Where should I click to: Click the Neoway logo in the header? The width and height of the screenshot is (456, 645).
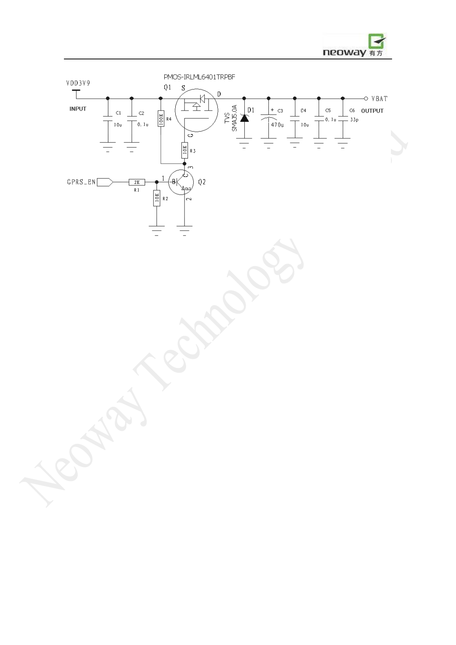point(354,45)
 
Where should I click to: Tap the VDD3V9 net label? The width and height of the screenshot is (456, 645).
point(78,83)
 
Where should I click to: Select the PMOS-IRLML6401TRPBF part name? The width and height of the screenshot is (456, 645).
point(199,77)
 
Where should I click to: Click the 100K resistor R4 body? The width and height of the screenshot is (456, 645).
point(161,119)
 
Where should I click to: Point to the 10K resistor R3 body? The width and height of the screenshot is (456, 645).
point(185,150)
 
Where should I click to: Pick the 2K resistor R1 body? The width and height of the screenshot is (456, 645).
point(137,182)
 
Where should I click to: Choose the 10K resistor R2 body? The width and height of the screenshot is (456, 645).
point(157,198)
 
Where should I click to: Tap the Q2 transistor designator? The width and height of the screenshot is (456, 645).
point(202,182)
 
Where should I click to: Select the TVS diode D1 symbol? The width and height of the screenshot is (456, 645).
point(244,118)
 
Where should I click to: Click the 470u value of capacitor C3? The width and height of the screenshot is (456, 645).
point(277,125)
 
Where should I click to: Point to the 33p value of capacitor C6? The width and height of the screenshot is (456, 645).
point(354,120)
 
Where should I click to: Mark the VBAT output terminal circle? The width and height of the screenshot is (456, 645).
point(366,98)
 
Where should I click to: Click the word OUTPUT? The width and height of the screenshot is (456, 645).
point(372,111)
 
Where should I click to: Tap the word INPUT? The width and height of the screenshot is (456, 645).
point(78,109)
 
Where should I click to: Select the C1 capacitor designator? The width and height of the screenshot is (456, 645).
point(118,113)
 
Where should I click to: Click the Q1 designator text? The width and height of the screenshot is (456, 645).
point(167,87)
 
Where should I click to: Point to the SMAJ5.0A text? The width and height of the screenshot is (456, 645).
point(235,118)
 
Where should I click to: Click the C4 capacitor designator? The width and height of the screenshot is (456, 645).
point(303,111)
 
